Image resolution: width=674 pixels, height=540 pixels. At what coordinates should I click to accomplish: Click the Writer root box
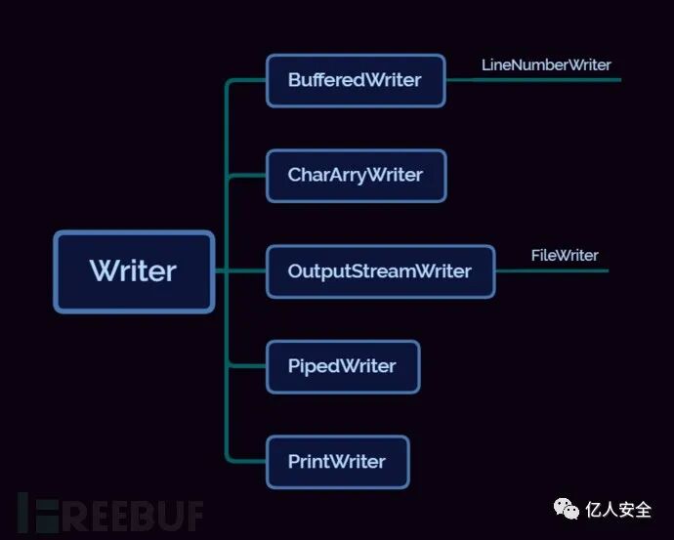(x=134, y=271)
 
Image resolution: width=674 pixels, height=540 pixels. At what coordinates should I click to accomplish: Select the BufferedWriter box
(x=356, y=80)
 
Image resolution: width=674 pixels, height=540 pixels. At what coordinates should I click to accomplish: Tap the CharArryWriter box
(x=356, y=176)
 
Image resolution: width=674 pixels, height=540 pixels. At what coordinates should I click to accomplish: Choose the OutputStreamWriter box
(x=380, y=271)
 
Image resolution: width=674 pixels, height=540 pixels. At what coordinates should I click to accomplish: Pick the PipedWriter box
(x=343, y=367)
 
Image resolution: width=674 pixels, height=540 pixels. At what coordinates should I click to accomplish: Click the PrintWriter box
(x=337, y=462)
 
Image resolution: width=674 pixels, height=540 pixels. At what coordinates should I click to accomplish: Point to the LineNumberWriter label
(x=546, y=64)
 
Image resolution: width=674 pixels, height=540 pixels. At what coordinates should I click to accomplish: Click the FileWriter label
(x=565, y=255)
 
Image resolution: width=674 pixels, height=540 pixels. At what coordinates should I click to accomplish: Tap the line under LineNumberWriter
(x=547, y=80)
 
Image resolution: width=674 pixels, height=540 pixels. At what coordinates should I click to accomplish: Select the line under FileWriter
(x=562, y=270)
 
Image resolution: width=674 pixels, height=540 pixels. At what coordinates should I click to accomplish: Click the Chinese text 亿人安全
(x=619, y=510)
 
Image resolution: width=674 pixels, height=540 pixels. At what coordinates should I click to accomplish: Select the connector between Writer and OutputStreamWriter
(x=239, y=270)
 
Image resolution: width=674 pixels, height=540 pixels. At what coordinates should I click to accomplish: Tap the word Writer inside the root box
(x=134, y=271)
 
